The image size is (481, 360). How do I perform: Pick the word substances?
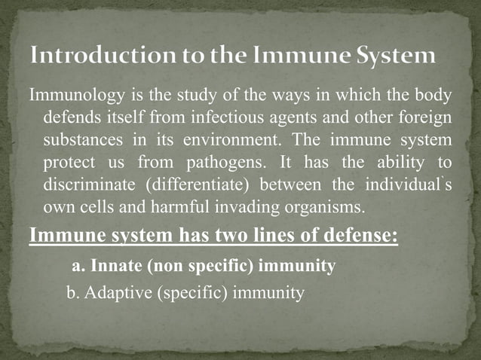click(x=80, y=141)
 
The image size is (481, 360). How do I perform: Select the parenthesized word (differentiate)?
click(x=195, y=185)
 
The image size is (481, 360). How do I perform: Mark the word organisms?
click(x=323, y=206)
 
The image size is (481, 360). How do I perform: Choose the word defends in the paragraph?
click(x=72, y=119)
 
